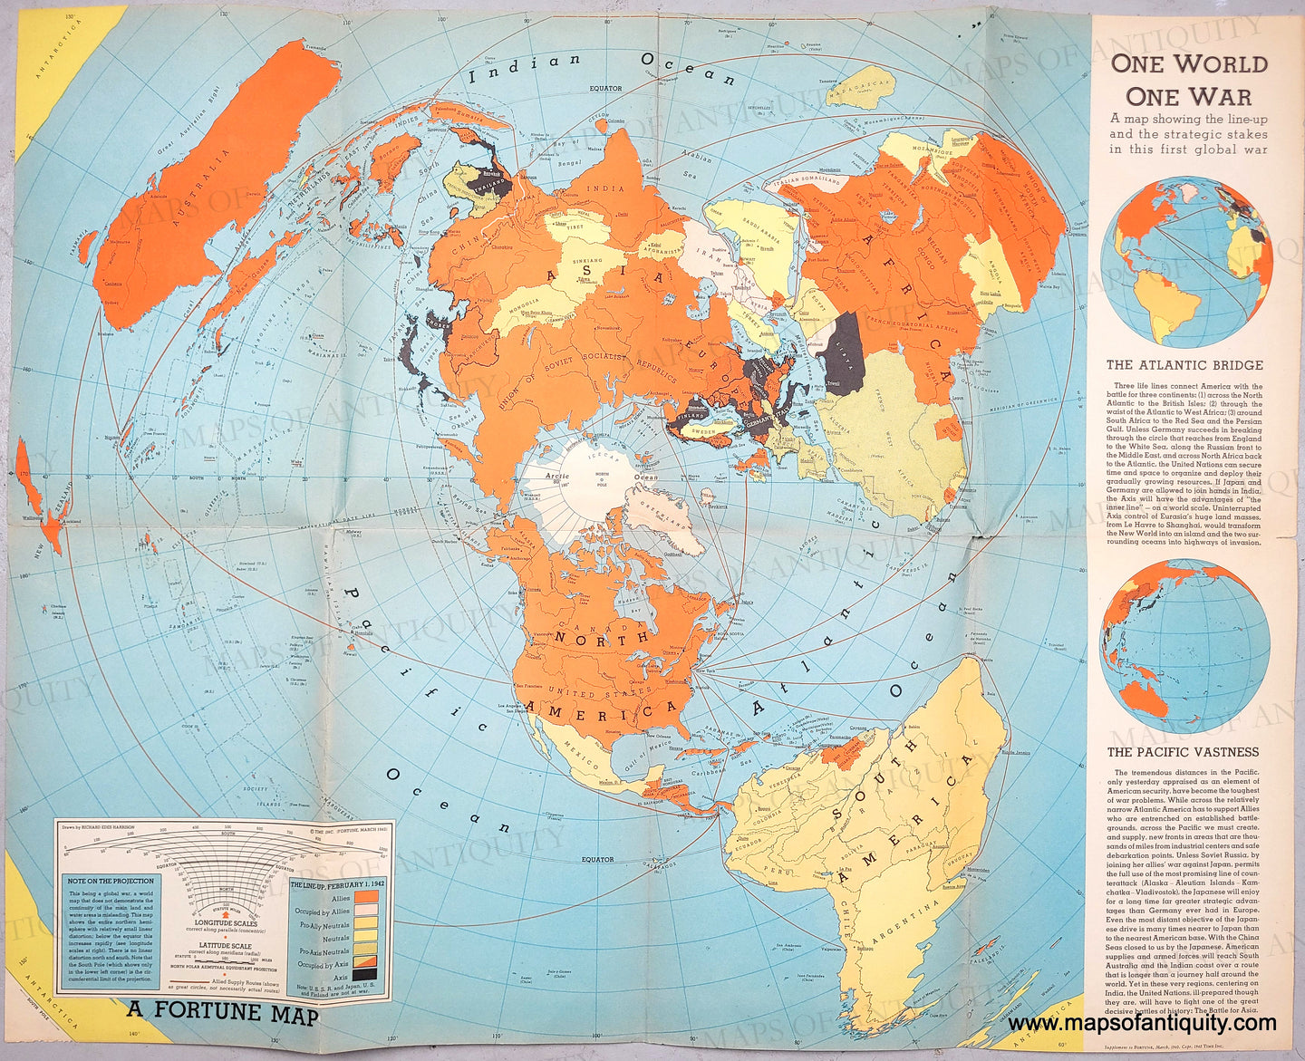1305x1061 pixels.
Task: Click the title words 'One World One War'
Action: tap(1189, 80)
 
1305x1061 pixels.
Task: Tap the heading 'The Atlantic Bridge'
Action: tap(1184, 365)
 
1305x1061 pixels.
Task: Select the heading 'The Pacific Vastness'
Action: tap(1183, 752)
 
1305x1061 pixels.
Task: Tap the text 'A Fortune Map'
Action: tap(222, 1012)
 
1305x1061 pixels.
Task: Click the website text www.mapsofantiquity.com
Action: tap(1142, 1023)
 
